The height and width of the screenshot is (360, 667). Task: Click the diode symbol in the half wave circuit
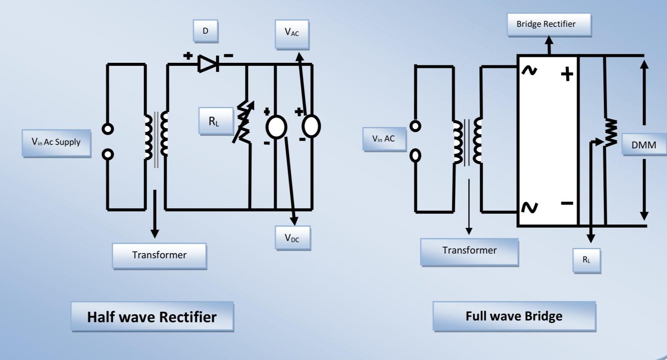tap(209, 64)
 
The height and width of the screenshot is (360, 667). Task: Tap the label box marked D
tap(206, 31)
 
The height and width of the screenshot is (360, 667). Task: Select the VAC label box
tap(292, 33)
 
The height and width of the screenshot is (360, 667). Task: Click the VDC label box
tap(292, 238)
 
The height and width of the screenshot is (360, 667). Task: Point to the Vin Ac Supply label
tap(56, 142)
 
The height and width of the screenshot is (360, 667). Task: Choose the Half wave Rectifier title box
tap(152, 316)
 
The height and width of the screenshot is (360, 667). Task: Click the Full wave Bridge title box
tap(514, 316)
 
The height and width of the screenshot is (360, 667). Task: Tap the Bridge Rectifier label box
tap(549, 24)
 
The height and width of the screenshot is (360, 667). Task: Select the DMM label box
tap(644, 145)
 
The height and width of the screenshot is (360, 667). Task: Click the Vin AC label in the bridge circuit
tap(384, 139)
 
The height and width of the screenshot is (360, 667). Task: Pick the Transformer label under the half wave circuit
tap(159, 255)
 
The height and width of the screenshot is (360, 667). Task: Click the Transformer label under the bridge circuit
tap(469, 251)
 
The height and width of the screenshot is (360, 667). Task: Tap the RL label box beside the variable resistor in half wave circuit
tap(215, 121)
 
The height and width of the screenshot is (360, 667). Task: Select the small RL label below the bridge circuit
tap(587, 260)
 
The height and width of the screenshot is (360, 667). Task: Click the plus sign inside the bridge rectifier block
tap(567, 74)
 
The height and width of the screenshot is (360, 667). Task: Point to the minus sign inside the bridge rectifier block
tap(567, 203)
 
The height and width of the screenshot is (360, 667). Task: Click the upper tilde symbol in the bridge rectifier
tap(529, 71)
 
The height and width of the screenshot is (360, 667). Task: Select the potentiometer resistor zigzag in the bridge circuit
tap(610, 133)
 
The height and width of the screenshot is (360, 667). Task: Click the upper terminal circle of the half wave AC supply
tap(108, 129)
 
